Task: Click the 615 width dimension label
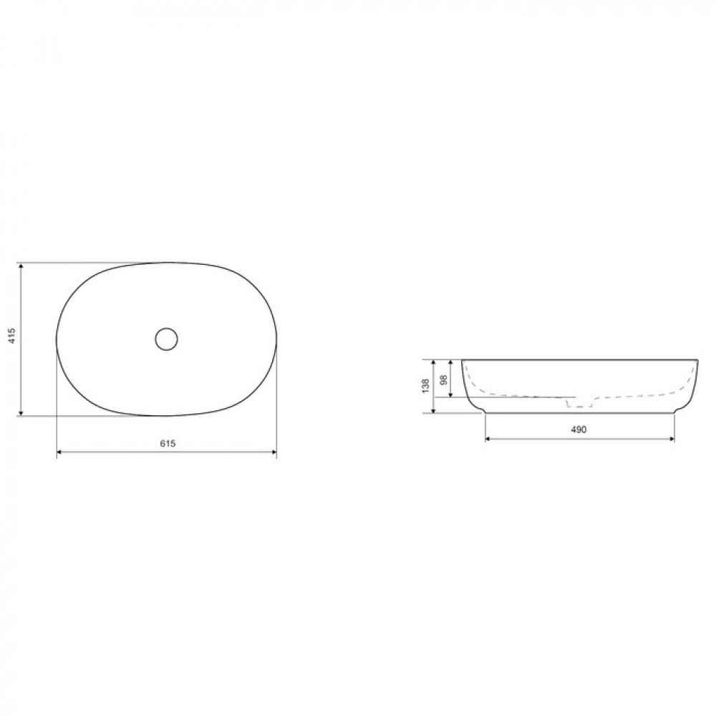click(x=168, y=443)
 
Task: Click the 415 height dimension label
click(x=12, y=336)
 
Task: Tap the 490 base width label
click(x=578, y=430)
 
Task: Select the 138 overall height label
click(x=426, y=386)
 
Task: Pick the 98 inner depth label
click(x=443, y=380)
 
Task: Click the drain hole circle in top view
click(x=166, y=339)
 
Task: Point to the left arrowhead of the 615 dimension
click(x=59, y=452)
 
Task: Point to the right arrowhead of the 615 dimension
click(x=274, y=452)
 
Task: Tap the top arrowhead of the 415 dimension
click(x=21, y=266)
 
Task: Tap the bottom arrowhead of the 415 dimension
click(x=21, y=413)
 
